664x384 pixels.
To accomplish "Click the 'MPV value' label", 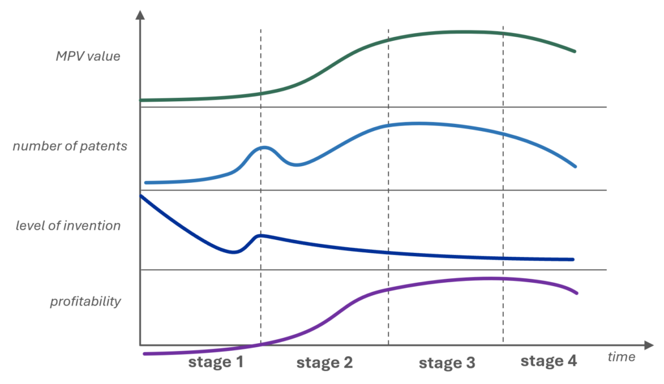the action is (x=88, y=56).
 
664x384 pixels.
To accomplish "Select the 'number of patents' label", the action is (x=70, y=146).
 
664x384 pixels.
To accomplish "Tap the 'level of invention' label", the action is (x=68, y=226).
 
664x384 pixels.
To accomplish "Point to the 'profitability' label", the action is (x=86, y=302).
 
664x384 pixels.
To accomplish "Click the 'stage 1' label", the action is (x=216, y=362).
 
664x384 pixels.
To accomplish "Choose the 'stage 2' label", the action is (x=324, y=363).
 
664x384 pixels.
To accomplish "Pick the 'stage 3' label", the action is (x=447, y=363).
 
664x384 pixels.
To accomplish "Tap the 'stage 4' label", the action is (x=549, y=361).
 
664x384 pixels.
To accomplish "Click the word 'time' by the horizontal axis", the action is (x=621, y=357).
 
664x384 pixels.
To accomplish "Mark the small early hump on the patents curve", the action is (x=265, y=147).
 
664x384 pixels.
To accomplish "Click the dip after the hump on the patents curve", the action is (x=296, y=165).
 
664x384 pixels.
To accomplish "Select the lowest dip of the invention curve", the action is (x=233, y=252).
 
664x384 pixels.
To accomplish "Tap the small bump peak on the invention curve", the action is (x=261, y=235).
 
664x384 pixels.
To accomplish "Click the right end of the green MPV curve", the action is (x=575, y=51).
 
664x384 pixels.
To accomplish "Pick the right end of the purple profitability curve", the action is (x=576, y=293).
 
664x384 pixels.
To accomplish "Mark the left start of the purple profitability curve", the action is (x=145, y=354).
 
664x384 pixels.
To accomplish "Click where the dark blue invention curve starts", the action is (x=141, y=196).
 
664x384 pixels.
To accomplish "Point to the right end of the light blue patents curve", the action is (x=575, y=166).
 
